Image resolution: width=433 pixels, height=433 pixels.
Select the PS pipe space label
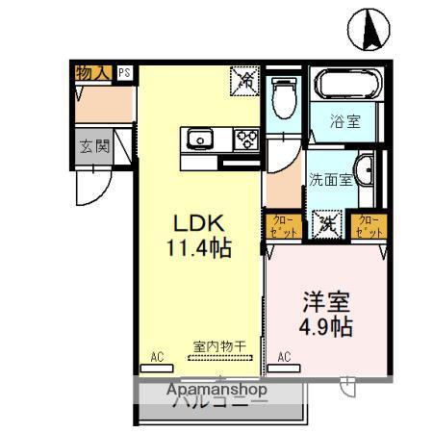124,72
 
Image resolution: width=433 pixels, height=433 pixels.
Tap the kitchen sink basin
201,138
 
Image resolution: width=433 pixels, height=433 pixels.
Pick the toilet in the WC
284,95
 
